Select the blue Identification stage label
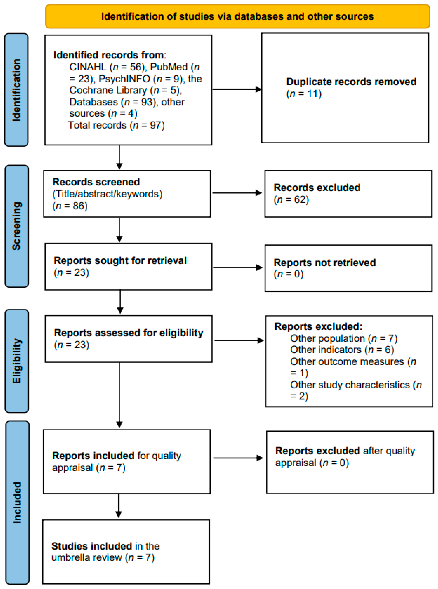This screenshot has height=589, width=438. click(16, 90)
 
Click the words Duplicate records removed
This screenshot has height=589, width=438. click(351, 82)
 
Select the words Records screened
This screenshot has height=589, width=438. click(96, 182)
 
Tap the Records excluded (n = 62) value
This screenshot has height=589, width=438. click(291, 200)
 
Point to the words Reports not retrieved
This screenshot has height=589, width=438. click(325, 263)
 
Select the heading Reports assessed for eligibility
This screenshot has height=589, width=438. click(129, 333)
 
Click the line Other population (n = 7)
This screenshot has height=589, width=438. click(344, 338)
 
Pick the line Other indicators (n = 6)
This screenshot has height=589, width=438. click(342, 350)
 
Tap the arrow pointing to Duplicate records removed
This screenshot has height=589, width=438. click(237, 89)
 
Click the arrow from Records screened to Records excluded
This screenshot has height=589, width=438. click(237, 193)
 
